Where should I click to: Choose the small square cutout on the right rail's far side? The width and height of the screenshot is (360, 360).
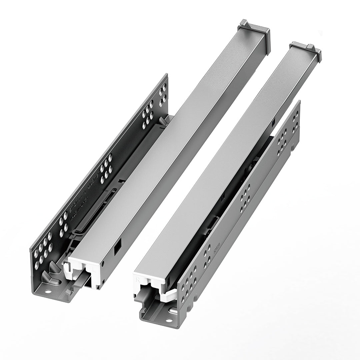pos(273,123)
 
